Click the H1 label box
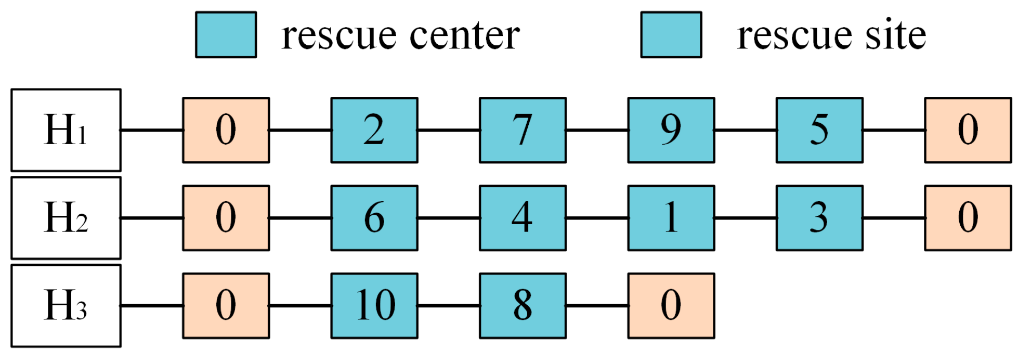pos(66,130)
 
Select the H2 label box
pos(66,217)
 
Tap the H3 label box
pos(66,305)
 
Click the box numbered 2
pos(374,130)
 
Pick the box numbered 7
pos(522,130)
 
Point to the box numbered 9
pos(671,130)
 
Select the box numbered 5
pos(819,130)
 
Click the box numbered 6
pos(374,217)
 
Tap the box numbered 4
pos(522,217)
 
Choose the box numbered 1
pos(671,217)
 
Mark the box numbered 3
pos(819,217)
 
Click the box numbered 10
pos(374,305)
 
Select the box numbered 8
pos(522,305)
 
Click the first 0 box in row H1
pos(226,130)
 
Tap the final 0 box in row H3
pos(671,305)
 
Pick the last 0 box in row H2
pos(968,217)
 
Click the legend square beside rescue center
pos(226,35)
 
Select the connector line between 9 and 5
pos(745,130)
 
